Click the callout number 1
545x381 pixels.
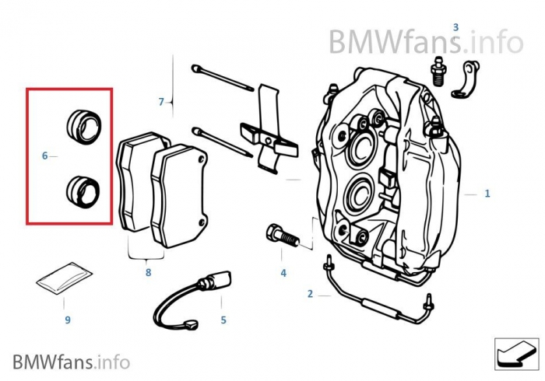pos(487,194)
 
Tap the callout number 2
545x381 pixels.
pos(310,293)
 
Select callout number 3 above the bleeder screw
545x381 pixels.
pos(456,28)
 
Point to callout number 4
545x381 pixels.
pos(283,273)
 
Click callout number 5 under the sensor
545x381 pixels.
pos(223,320)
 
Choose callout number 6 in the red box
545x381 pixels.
pos(45,156)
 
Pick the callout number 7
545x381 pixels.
pos(161,102)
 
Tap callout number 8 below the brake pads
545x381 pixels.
pos(148,273)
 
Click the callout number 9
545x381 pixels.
pos(67,320)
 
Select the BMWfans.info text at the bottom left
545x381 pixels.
pos(71,362)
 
